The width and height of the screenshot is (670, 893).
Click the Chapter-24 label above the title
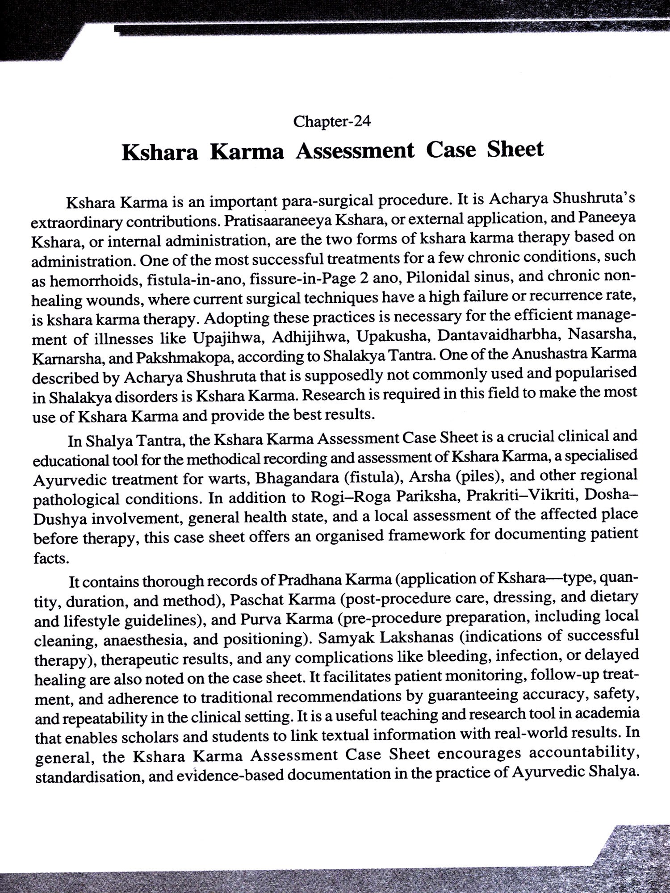click(x=332, y=121)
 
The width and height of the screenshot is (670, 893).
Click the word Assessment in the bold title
click(x=355, y=150)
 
